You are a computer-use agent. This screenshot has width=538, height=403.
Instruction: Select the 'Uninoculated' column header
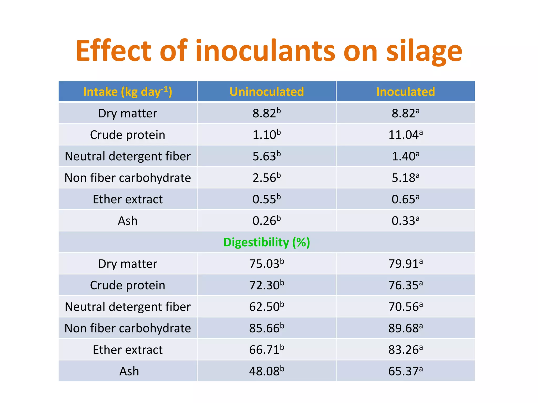point(267,92)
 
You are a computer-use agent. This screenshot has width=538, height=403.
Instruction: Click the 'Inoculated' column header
point(405,92)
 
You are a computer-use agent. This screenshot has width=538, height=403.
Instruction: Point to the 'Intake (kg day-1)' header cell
point(128,92)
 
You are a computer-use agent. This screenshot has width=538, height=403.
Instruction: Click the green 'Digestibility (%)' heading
point(267,242)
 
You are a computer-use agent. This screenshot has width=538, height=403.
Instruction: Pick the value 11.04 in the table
point(405,135)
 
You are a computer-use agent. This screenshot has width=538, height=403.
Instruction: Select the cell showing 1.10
point(267,135)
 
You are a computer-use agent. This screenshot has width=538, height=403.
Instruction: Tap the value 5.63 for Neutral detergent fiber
point(267,156)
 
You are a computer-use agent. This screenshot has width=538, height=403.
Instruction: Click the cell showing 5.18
point(405,178)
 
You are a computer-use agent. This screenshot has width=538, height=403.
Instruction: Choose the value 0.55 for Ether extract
point(267,199)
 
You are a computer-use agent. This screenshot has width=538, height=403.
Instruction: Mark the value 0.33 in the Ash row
point(405,221)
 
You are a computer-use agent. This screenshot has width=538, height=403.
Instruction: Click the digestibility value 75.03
point(267,264)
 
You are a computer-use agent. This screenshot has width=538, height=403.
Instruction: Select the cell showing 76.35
point(405,285)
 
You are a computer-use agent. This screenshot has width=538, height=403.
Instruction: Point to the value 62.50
point(267,307)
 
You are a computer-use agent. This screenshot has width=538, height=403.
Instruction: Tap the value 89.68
point(405,328)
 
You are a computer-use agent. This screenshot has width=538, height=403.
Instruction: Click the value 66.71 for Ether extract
point(267,350)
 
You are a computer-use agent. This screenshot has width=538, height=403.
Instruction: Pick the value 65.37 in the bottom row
point(405,371)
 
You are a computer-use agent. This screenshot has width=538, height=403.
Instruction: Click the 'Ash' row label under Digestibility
point(129,371)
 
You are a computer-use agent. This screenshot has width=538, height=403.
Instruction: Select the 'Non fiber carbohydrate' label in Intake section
point(128,178)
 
